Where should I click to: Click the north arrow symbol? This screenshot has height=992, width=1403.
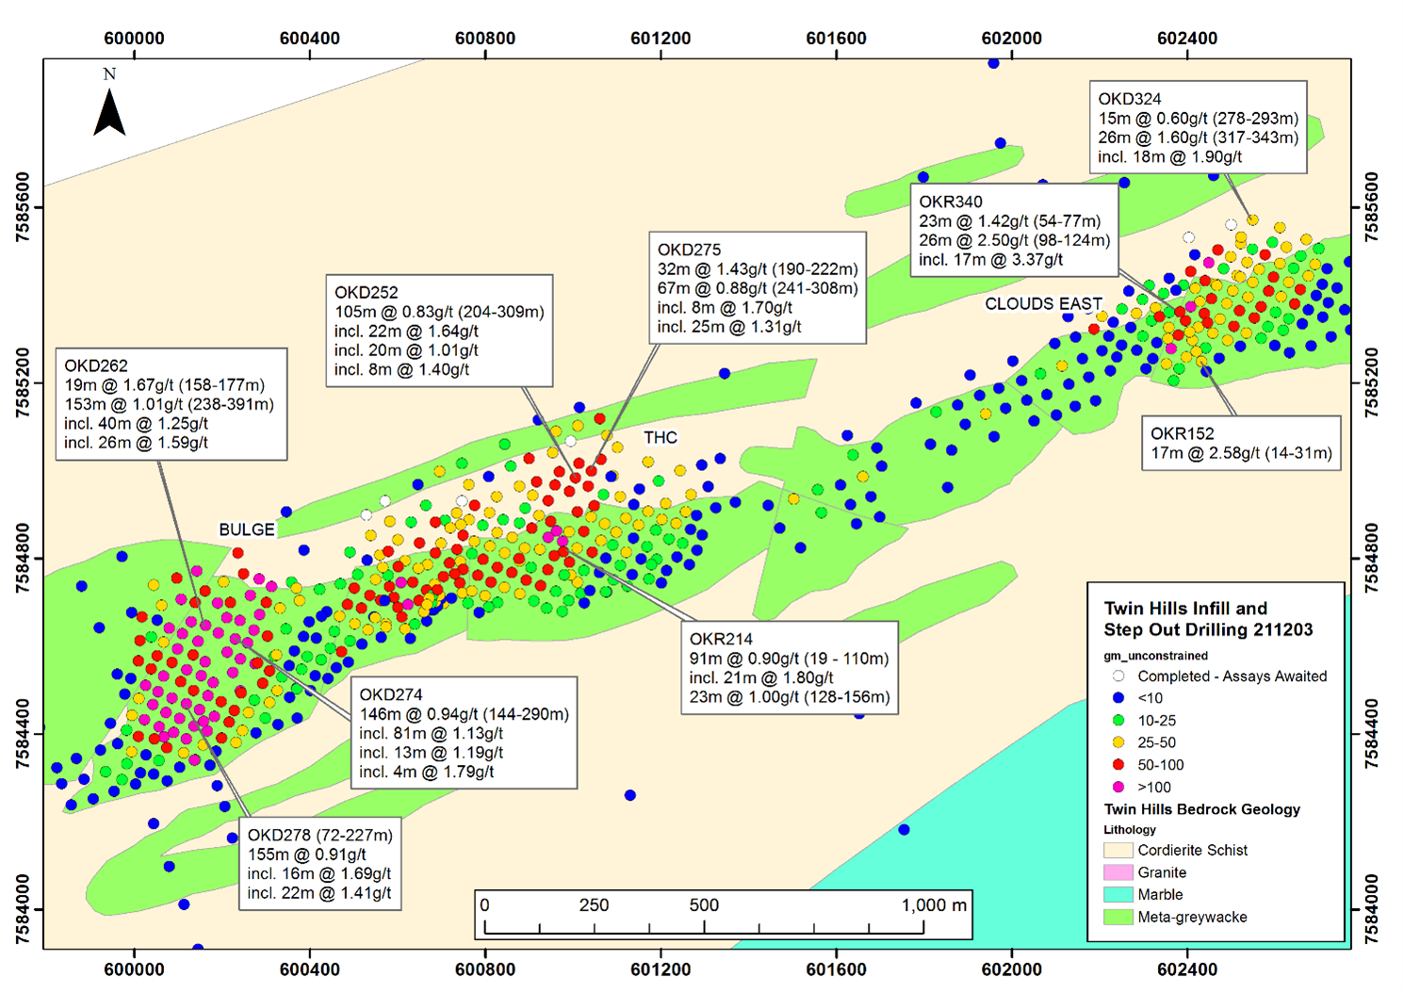click(x=109, y=113)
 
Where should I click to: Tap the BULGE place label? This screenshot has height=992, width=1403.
click(x=247, y=529)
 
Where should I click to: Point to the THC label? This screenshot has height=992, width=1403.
click(x=661, y=437)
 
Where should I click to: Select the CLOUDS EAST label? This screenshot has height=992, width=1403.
click(x=1043, y=303)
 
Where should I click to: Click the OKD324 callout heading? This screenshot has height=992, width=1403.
click(x=1130, y=99)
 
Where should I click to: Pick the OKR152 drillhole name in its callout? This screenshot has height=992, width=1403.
click(x=1182, y=433)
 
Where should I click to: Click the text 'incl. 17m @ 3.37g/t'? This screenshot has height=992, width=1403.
click(x=991, y=259)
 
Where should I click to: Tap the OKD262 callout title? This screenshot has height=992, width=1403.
click(x=96, y=366)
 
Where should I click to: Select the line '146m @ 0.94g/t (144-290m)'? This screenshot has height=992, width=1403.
click(x=465, y=714)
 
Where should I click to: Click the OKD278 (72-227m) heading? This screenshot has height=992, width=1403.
click(x=320, y=835)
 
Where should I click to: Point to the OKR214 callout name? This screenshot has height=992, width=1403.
click(x=721, y=639)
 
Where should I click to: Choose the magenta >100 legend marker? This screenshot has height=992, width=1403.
click(x=1118, y=787)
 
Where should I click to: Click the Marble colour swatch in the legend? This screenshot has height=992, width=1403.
click(x=1118, y=894)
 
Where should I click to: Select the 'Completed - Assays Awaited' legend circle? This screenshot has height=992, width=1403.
click(x=1118, y=675)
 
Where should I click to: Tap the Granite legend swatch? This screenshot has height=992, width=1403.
click(x=1118, y=872)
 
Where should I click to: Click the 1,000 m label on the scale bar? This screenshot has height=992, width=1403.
click(x=934, y=905)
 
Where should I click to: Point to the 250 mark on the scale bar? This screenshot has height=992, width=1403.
click(x=594, y=905)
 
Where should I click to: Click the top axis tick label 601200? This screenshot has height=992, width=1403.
click(x=661, y=39)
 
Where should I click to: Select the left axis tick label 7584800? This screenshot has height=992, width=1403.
click(x=22, y=559)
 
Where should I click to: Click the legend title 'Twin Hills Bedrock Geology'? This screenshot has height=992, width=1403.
click(x=1202, y=809)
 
